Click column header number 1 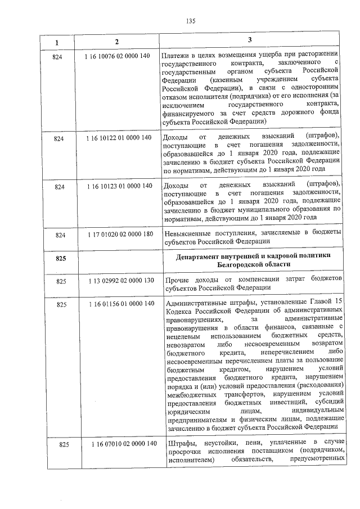pyautogui.click(x=58, y=43)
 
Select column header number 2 pyautogui.click(x=116, y=43)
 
